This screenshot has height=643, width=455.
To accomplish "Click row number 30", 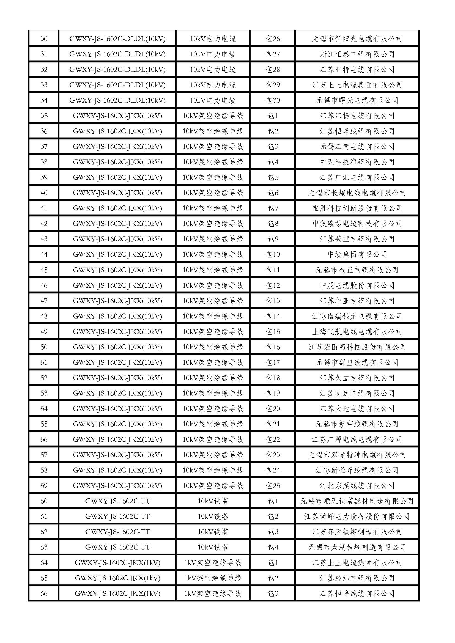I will point(44,39).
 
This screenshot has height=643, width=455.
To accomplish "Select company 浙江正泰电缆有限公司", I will point(357,54).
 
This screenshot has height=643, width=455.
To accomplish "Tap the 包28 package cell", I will point(273,70).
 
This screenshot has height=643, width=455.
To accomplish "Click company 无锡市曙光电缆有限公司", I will point(357,100).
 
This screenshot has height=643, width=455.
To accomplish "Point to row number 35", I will point(44,116).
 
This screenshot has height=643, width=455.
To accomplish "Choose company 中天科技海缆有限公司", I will point(357,162).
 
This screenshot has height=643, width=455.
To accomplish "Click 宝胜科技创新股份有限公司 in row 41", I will point(357,208).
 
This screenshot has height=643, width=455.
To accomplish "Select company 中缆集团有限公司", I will point(357,254).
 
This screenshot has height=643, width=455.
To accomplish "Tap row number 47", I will point(44,301).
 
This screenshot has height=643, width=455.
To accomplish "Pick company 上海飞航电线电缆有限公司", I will point(357,332).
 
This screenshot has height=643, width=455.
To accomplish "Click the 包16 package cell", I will point(273,347).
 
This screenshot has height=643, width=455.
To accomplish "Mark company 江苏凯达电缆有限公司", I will point(357,393).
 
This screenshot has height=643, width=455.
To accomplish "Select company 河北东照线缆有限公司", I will point(357,486).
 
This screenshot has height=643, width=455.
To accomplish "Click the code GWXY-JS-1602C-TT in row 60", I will point(117,501).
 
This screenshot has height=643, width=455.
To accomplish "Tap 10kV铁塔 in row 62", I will point(213,532).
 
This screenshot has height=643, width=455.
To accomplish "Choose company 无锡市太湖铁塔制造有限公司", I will point(357,547).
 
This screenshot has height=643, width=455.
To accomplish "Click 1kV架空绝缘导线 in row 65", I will point(213,578).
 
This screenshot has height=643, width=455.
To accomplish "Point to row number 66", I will point(44,593).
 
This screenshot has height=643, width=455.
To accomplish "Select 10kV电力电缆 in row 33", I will point(213,85).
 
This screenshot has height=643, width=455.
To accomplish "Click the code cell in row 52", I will point(117,378).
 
